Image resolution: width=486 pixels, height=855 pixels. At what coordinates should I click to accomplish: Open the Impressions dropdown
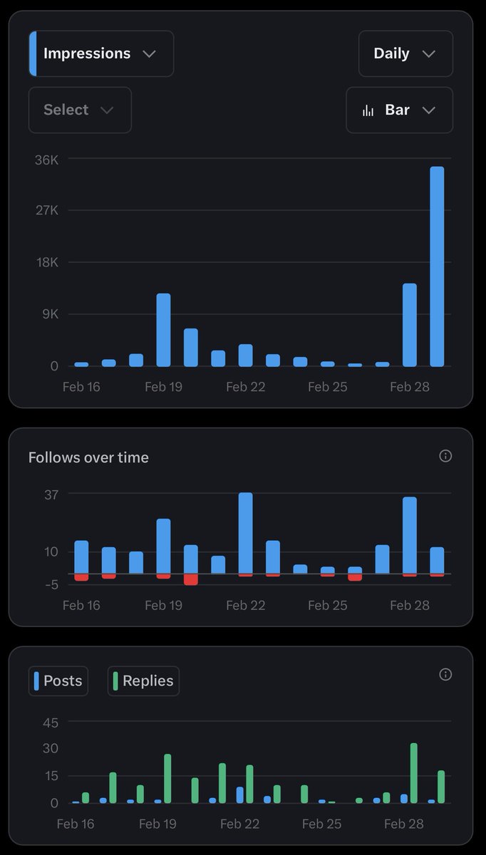pyautogui.click(x=100, y=53)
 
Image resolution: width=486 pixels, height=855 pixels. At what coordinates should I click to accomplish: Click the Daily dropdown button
pyautogui.click(x=405, y=53)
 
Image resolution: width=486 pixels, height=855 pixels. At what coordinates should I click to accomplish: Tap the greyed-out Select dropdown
pyautogui.click(x=79, y=110)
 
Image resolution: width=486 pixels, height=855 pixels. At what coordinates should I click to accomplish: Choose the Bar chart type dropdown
pyautogui.click(x=398, y=110)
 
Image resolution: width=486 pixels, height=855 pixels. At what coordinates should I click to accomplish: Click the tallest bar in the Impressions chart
pyautogui.click(x=437, y=266)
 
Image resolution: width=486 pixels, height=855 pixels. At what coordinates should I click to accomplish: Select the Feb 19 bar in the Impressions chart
pyautogui.click(x=163, y=330)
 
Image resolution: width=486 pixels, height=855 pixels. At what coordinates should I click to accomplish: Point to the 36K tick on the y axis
pyautogui.click(x=46, y=160)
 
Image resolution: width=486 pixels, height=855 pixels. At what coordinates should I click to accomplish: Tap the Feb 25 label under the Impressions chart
pyautogui.click(x=327, y=387)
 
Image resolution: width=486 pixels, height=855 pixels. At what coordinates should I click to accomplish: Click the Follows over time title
pyautogui.click(x=88, y=457)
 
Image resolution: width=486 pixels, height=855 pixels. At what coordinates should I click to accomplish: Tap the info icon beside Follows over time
pyautogui.click(x=445, y=456)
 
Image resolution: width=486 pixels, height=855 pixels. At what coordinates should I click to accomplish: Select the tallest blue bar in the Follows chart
pyautogui.click(x=246, y=532)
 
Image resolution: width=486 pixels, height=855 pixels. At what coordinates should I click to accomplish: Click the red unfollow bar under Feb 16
pyautogui.click(x=81, y=577)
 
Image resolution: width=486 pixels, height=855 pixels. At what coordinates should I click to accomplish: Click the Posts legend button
pyautogui.click(x=58, y=680)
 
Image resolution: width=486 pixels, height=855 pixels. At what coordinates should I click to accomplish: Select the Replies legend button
pyautogui.click(x=143, y=680)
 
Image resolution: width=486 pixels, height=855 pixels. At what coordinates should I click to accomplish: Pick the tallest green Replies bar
pyautogui.click(x=413, y=773)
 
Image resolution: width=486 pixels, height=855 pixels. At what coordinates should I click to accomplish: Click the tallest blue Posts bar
pyautogui.click(x=240, y=794)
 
